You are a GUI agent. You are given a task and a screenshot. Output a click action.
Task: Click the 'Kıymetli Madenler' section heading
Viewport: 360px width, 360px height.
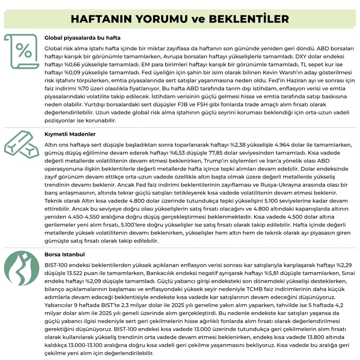[x=70, y=134]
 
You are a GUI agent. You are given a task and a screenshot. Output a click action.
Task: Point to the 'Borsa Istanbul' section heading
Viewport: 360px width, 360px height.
[x=65, y=254]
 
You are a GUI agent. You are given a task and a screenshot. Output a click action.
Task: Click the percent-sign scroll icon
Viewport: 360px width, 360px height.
[x=22, y=51]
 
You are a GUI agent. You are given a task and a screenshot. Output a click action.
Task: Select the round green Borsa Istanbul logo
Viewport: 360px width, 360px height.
[x=22, y=268]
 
